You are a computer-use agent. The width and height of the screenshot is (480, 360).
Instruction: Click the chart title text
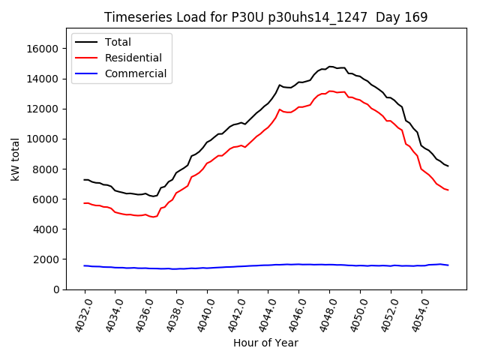(x=265, y=17)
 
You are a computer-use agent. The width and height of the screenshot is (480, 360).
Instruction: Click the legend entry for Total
(x=124, y=42)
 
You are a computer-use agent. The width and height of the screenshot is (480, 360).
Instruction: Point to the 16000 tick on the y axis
(x=43, y=49)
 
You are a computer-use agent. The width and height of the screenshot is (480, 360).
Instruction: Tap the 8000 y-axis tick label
(x=46, y=169)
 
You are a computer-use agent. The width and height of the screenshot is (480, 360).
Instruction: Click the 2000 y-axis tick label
(x=46, y=259)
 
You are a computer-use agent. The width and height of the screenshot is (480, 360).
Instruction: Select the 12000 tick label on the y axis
(x=43, y=109)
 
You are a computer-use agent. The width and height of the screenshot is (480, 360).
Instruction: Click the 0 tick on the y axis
(x=55, y=289)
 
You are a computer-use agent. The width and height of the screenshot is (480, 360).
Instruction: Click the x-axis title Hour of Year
(x=265, y=343)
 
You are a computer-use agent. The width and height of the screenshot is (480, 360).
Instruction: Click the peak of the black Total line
(x=331, y=67)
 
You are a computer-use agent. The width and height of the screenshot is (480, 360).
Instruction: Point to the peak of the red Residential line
(x=331, y=91)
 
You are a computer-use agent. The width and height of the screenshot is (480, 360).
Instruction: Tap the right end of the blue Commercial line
(x=448, y=265)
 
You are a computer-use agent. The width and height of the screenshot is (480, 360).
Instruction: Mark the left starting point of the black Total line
(x=84, y=180)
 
